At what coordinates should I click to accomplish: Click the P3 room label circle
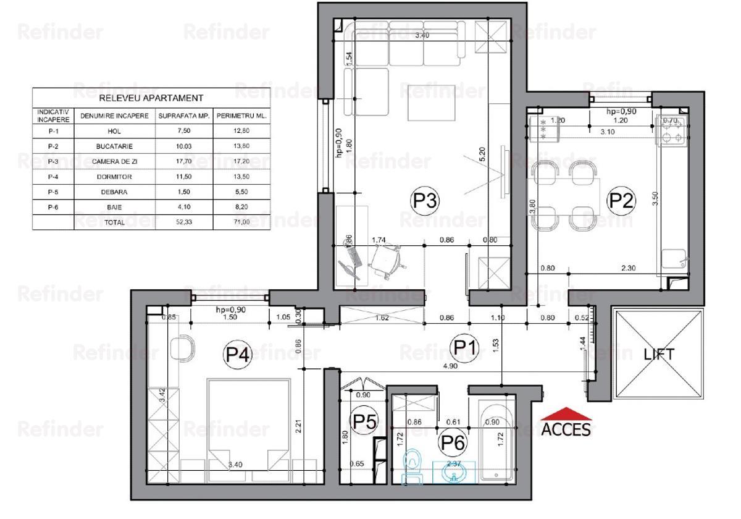(424, 200)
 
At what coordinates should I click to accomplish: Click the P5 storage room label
(363, 421)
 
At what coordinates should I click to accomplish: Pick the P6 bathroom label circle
(452, 442)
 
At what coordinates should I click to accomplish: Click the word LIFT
(659, 355)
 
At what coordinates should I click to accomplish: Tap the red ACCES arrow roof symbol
(566, 414)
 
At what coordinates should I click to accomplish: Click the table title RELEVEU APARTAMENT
(151, 98)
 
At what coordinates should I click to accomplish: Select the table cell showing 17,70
(184, 162)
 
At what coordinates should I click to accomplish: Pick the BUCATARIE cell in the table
(114, 146)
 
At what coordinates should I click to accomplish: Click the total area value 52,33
(184, 222)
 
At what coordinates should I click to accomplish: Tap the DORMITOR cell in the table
(114, 177)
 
